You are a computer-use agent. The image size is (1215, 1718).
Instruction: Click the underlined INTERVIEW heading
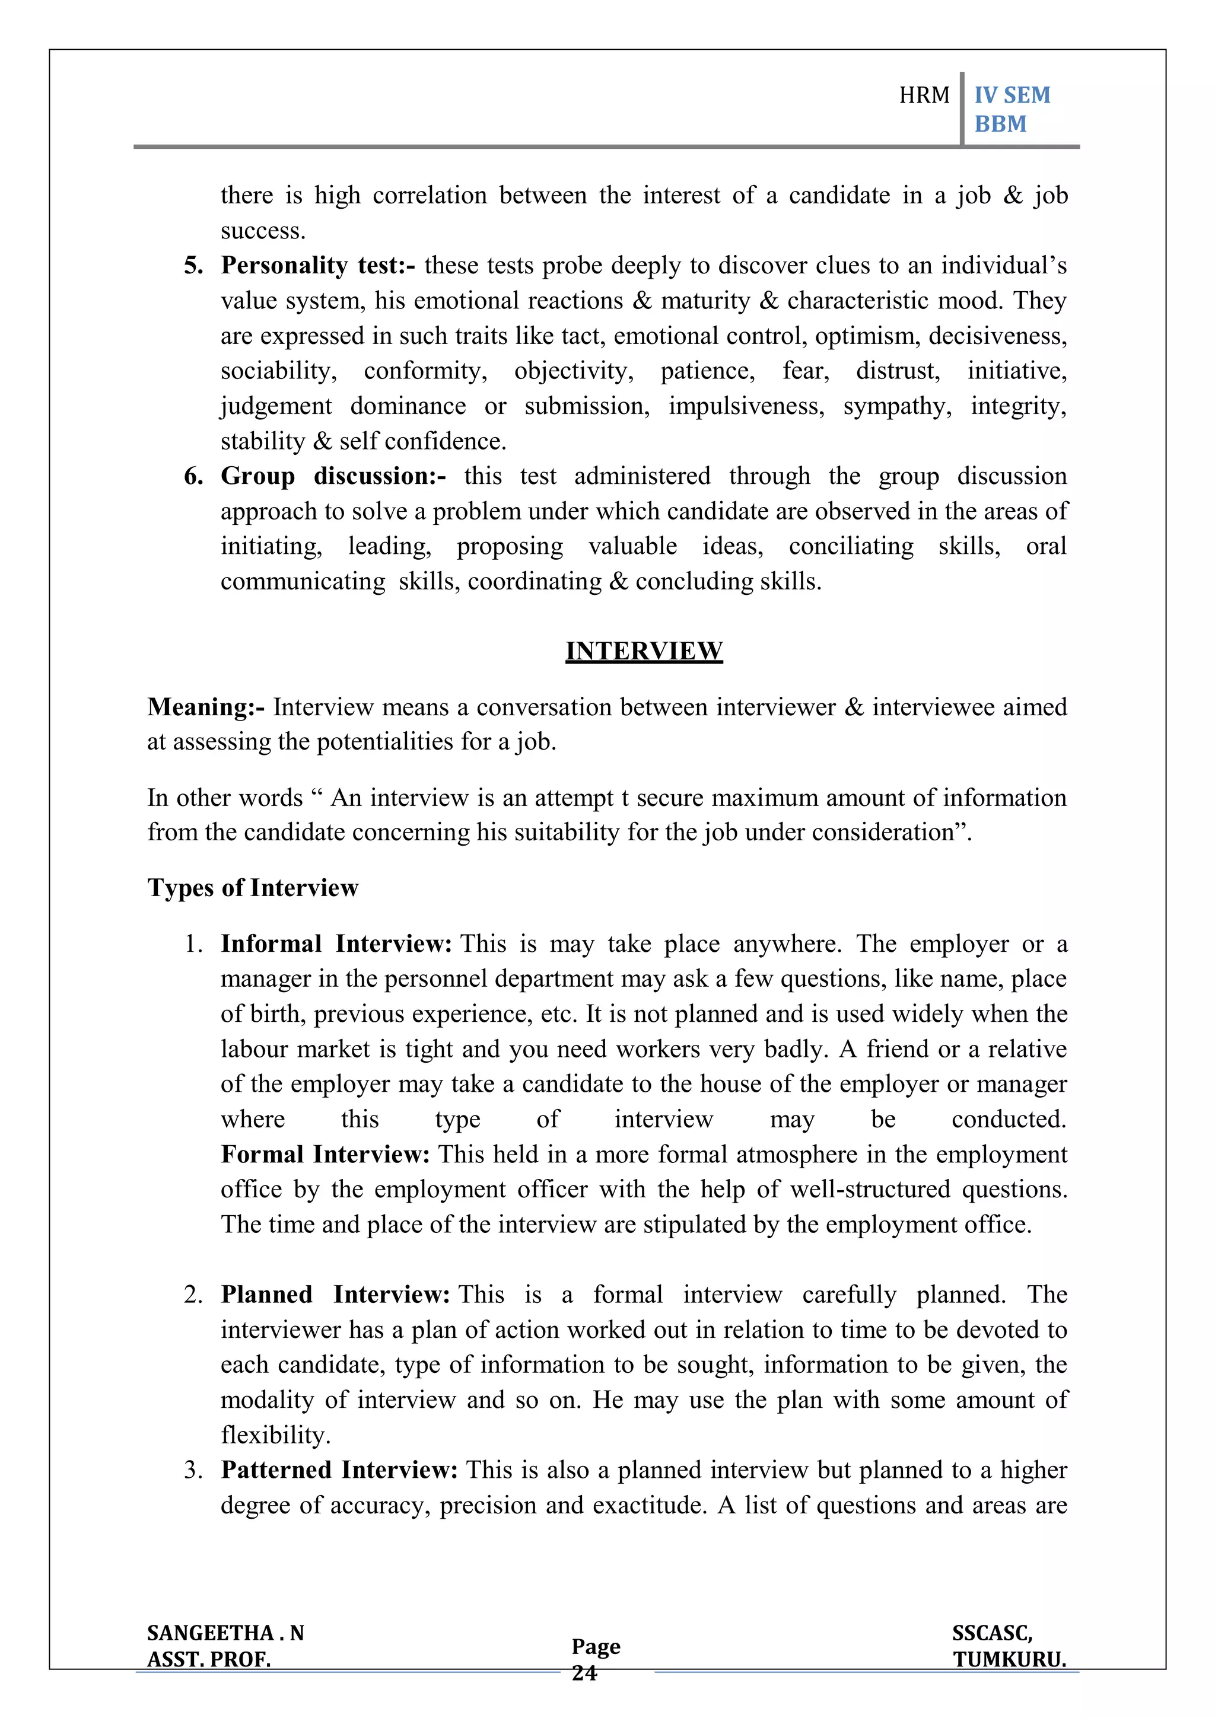(x=644, y=651)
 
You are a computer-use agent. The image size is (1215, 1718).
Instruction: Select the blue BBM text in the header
(x=1000, y=123)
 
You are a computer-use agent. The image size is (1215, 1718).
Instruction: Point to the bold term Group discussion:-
(x=333, y=476)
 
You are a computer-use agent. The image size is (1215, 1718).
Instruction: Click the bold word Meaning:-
(x=206, y=706)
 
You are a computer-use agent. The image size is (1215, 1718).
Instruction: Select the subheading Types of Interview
(x=253, y=887)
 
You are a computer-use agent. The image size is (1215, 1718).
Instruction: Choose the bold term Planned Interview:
(x=335, y=1295)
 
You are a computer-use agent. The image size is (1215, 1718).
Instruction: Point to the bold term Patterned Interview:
(x=339, y=1470)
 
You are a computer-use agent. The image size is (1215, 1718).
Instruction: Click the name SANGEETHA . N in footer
(x=225, y=1633)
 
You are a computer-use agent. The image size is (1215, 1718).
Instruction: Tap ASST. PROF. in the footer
(x=209, y=1660)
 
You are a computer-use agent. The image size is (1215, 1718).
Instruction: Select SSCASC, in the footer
(x=992, y=1633)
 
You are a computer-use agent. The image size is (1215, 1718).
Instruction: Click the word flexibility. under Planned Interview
(x=275, y=1435)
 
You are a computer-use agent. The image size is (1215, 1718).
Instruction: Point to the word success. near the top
(x=263, y=231)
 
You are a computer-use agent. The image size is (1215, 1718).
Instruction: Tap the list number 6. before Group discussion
(x=193, y=476)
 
